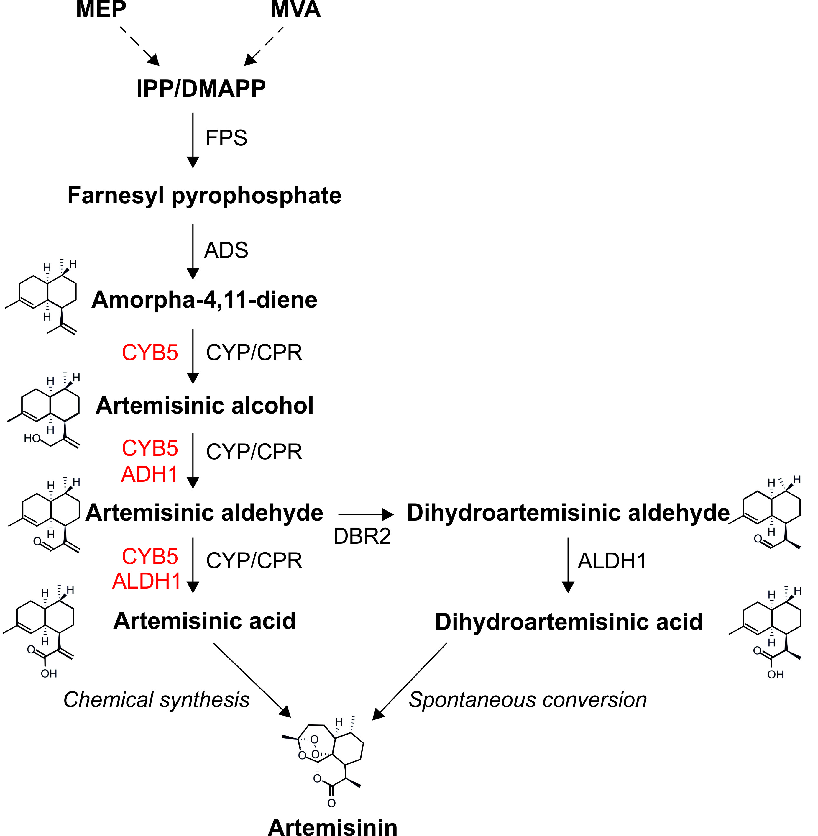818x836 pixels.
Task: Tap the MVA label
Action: click(295, 9)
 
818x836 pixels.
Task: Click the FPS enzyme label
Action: click(226, 138)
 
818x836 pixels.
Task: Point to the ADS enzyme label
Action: click(226, 250)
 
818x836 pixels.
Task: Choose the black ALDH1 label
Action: click(612, 561)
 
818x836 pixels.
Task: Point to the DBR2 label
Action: click(362, 536)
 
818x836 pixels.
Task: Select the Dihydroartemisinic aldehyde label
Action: click(568, 513)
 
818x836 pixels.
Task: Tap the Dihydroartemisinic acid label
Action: click(569, 622)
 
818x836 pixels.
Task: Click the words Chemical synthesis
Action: click(156, 700)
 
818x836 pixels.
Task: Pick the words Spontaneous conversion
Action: click(528, 700)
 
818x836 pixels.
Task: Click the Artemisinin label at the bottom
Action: click(333, 827)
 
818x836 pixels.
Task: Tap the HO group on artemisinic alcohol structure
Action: click(32, 438)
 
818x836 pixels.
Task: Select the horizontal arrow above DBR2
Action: click(365, 514)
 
